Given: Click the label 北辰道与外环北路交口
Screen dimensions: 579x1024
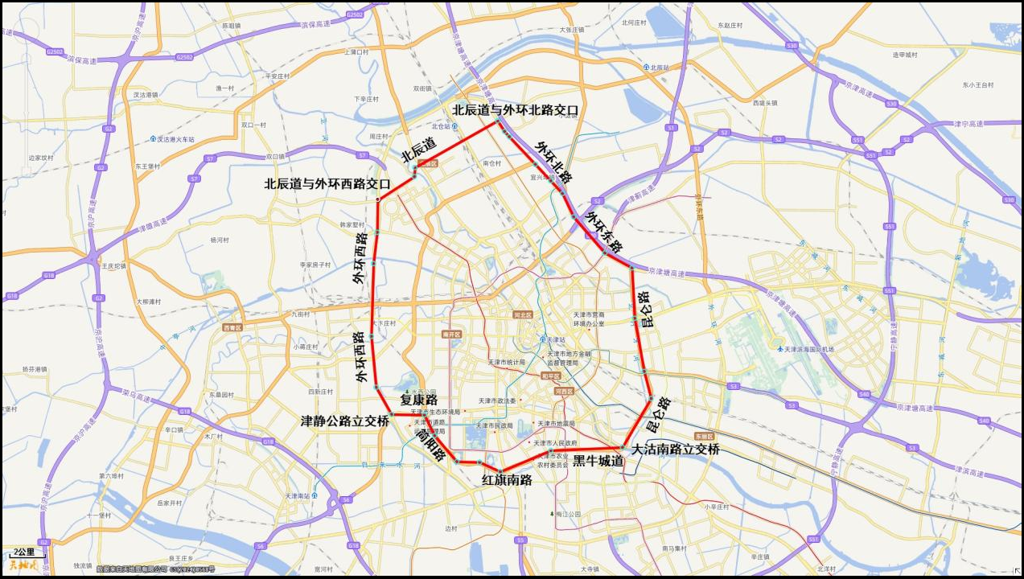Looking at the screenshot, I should click(514, 110).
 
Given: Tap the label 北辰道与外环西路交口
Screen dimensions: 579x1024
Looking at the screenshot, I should click(327, 184).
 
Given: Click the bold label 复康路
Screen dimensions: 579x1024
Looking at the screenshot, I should click(418, 400).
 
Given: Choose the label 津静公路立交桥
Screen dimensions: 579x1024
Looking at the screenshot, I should click(344, 421).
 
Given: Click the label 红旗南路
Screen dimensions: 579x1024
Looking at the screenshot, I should click(507, 480).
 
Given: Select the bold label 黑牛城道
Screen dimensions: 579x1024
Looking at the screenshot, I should click(598, 461).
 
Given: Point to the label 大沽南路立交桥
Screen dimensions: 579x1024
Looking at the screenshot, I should click(675, 450).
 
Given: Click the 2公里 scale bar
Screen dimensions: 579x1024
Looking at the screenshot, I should click(25, 553).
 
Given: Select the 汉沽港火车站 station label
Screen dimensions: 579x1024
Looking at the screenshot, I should click(175, 139).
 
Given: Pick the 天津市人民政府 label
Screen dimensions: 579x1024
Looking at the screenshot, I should click(556, 443).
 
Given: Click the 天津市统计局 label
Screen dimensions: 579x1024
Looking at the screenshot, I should click(506, 362).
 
